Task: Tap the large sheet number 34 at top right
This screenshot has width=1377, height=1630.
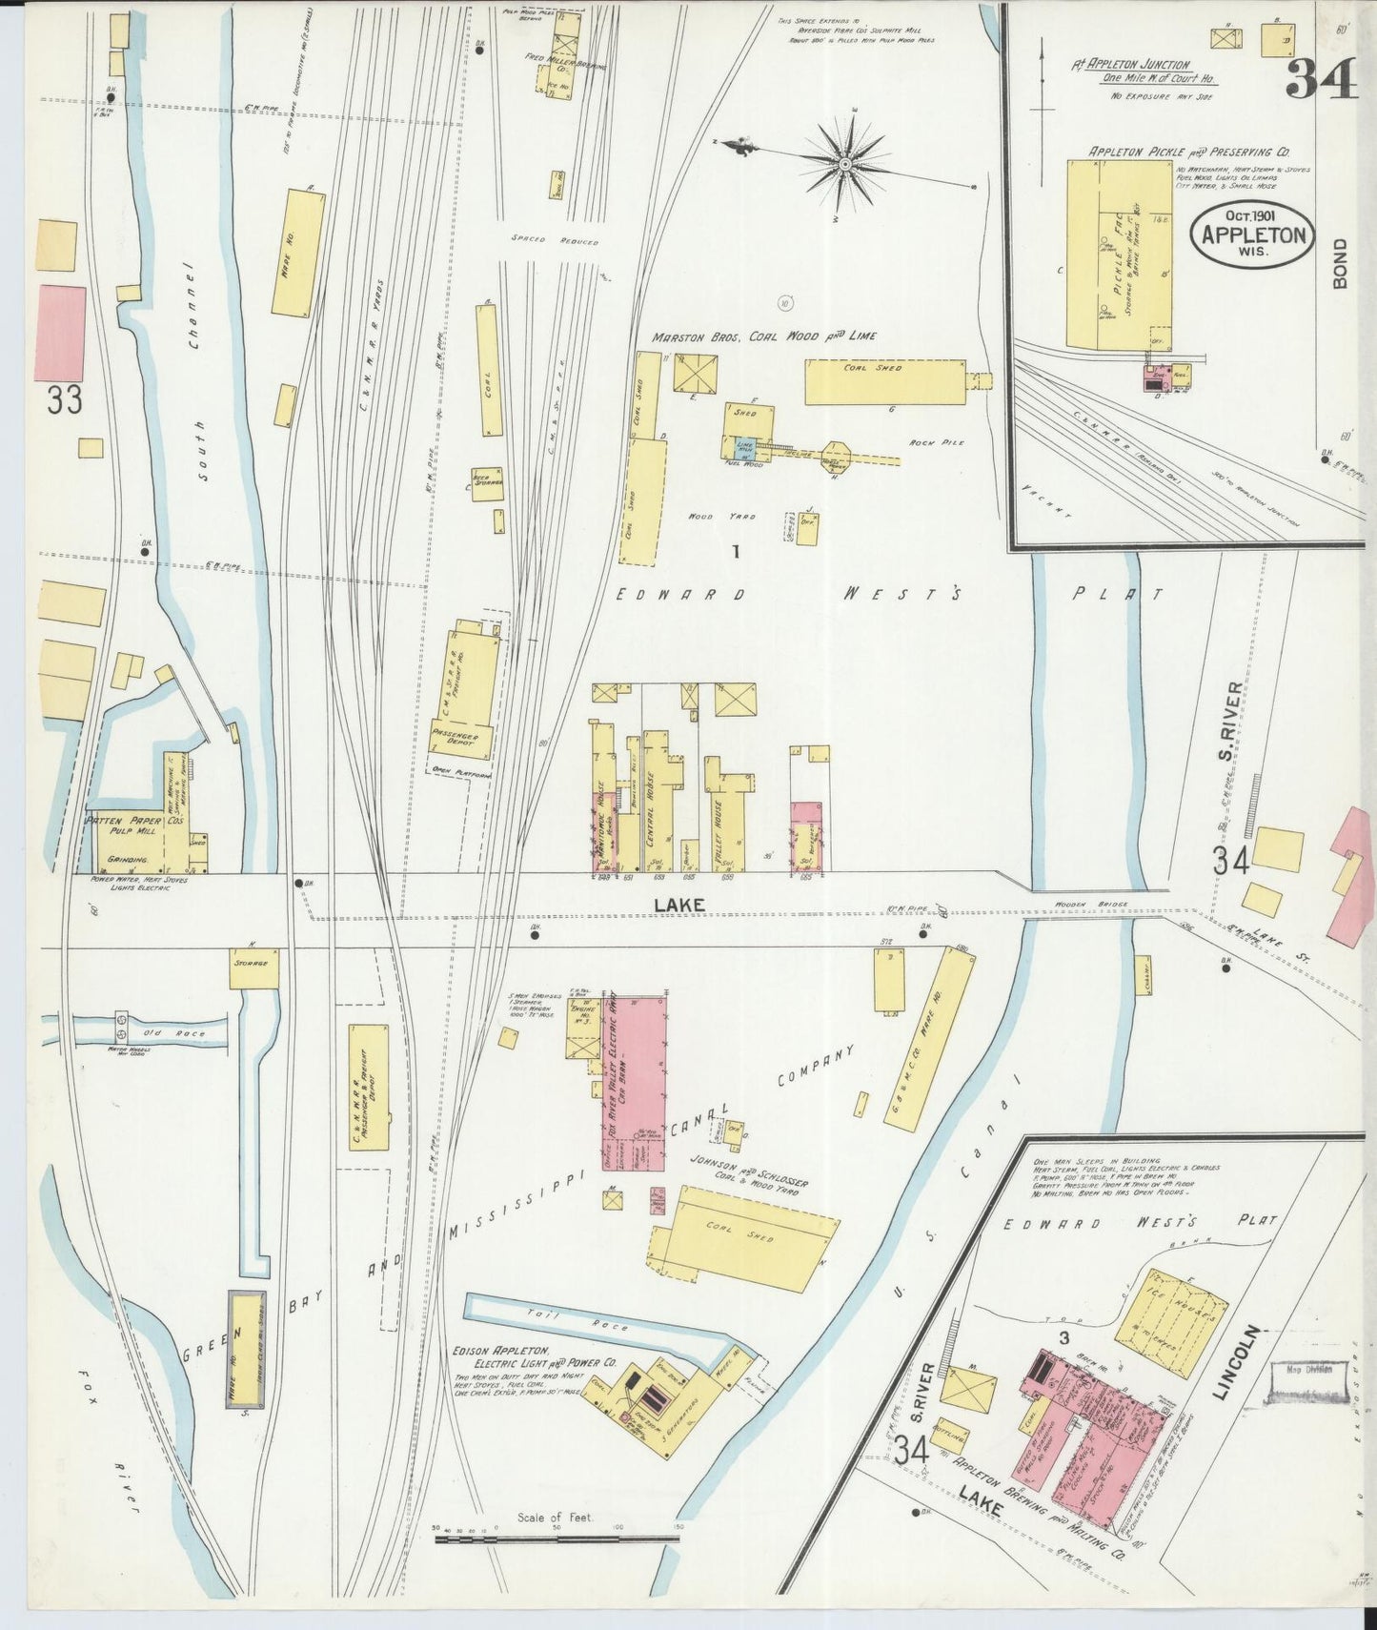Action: point(1321,79)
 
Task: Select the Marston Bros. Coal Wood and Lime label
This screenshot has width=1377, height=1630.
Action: point(764,336)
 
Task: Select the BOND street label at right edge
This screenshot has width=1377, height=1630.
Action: point(1341,263)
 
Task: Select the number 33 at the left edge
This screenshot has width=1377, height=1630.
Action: point(65,400)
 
